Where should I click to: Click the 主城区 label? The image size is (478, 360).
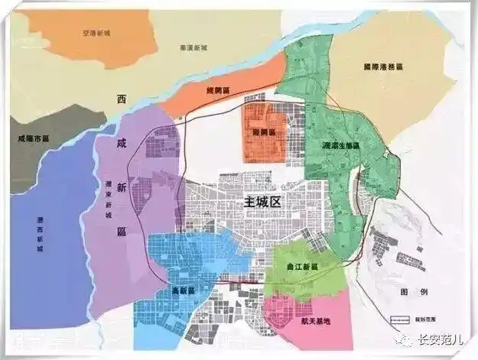[262, 203]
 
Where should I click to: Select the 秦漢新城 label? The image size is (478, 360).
[194, 47]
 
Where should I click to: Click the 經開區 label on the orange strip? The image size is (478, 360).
[218, 90]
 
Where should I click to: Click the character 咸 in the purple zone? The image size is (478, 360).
[120, 143]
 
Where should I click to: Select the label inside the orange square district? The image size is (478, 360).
[264, 131]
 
